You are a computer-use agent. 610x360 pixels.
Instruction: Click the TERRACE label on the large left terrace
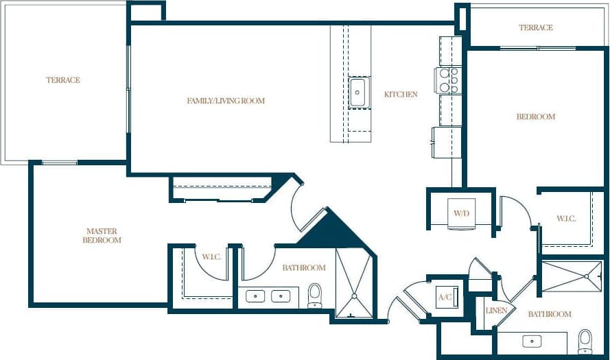(63, 80)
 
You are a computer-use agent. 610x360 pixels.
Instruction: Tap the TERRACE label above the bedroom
(535, 27)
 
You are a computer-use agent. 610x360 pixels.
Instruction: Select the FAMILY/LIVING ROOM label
(226, 101)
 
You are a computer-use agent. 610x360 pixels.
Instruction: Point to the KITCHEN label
(401, 94)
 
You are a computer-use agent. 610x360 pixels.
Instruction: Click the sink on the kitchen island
(357, 93)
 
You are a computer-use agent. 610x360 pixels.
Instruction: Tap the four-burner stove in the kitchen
(449, 80)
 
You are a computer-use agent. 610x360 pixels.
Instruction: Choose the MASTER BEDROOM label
(102, 236)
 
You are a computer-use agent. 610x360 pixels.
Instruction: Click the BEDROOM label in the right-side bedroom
(535, 117)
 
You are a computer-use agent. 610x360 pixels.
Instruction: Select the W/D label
(461, 213)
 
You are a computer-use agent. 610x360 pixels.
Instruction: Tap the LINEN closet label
(496, 311)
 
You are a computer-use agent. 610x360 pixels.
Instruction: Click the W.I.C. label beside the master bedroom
(211, 257)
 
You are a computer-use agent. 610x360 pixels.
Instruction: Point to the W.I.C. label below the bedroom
(566, 218)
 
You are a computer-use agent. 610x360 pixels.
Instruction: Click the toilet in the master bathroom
(315, 295)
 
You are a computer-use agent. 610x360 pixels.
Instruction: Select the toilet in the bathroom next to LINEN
(585, 340)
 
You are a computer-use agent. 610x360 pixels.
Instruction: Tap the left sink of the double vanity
(257, 297)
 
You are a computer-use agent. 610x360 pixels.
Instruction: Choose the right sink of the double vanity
(281, 297)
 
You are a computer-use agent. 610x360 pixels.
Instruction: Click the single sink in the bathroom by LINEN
(532, 340)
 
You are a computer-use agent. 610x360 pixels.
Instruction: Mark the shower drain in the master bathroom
(354, 296)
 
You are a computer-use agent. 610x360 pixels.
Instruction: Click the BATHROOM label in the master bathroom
(304, 267)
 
